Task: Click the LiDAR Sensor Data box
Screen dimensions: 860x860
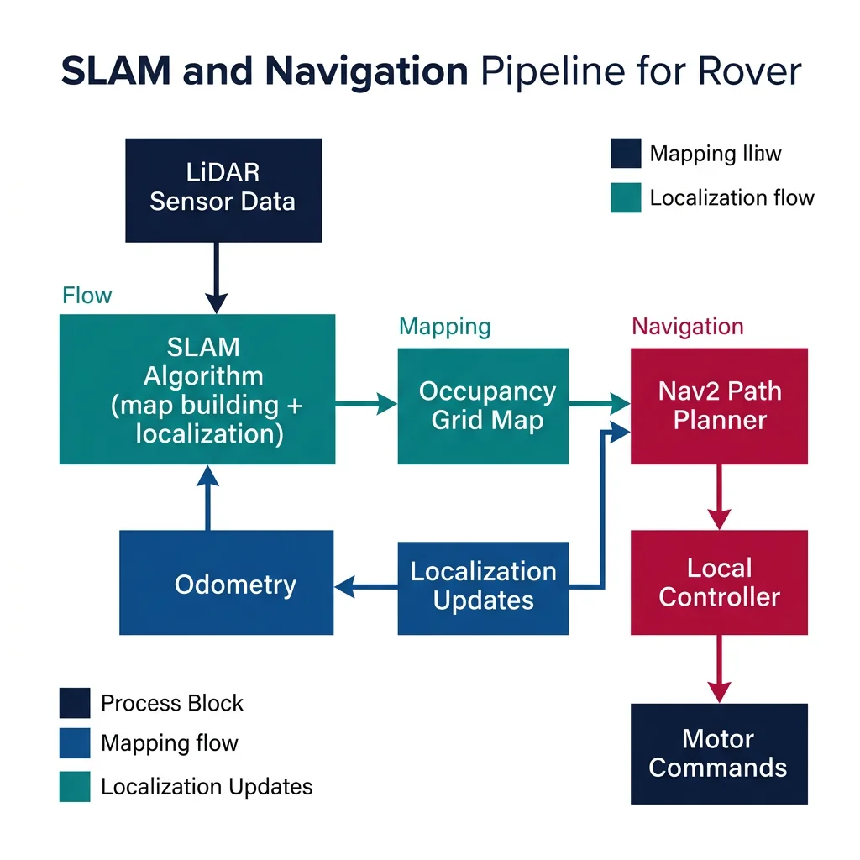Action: [223, 191]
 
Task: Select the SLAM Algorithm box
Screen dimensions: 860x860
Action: [197, 390]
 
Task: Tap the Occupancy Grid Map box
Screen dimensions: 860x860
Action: [483, 406]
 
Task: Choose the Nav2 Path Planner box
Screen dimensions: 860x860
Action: [719, 406]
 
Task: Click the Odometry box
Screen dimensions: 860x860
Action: [227, 583]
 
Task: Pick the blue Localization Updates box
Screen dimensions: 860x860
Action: [483, 587]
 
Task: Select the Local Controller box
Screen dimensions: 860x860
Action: [719, 582]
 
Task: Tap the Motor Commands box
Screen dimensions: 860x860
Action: [719, 753]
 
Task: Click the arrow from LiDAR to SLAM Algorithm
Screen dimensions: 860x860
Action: [217, 277]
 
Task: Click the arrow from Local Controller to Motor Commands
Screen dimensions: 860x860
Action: [719, 669]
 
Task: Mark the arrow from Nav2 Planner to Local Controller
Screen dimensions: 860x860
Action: [719, 497]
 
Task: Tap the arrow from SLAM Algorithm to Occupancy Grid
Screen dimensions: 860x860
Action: [366, 406]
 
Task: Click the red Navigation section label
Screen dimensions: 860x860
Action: [687, 326]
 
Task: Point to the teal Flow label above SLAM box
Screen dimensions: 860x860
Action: [87, 296]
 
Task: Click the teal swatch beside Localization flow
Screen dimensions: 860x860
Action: [626, 198]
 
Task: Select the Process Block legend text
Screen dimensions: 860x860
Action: [171, 703]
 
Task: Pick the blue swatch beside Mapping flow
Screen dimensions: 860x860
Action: [75, 743]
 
